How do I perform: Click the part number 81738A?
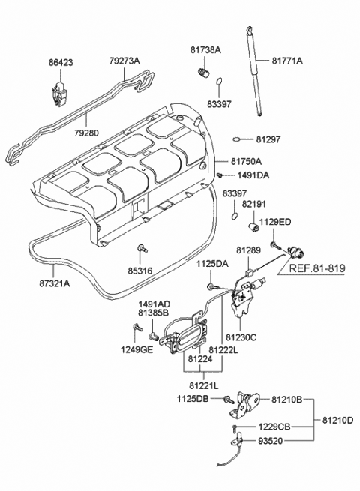pos(205,49)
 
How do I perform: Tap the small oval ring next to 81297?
pos(237,139)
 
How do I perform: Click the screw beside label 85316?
pos(141,247)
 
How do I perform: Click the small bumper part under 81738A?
pos(201,73)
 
